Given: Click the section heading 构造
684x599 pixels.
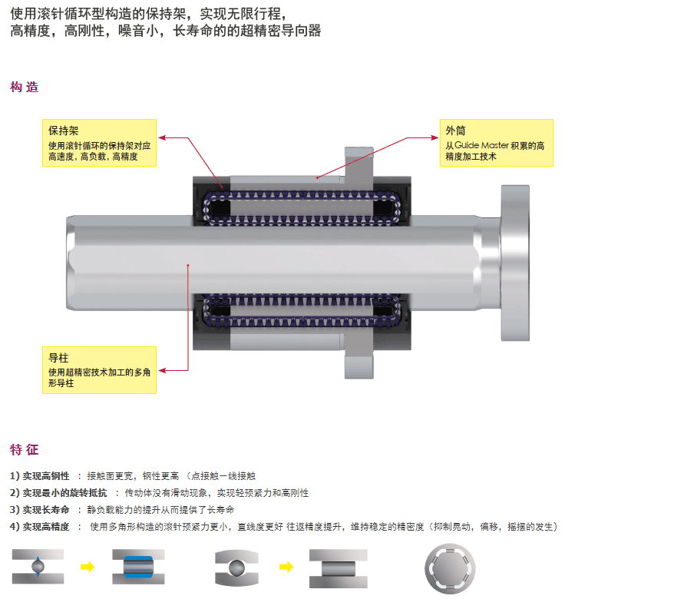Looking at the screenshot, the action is [x=25, y=88].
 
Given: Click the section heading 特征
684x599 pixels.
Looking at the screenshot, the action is [x=25, y=449].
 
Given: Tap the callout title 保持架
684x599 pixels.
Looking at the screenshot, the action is [x=63, y=131].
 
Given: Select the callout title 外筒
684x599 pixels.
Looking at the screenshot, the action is [x=455, y=131].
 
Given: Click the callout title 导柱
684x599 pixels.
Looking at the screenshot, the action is [x=58, y=358].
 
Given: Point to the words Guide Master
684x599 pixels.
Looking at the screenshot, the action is [x=481, y=145].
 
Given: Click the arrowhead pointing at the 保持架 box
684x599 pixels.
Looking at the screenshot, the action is [x=162, y=138].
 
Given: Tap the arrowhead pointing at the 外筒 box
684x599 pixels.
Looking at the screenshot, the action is [x=435, y=138].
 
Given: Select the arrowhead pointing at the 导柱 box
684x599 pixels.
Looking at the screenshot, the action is [x=162, y=370].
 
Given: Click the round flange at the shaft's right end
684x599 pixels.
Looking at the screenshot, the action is [x=515, y=263].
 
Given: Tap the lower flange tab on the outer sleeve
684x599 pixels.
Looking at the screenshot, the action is [x=359, y=364].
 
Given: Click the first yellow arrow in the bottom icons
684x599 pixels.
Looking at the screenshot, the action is [x=88, y=567].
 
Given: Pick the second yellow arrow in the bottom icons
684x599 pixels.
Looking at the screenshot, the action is [x=286, y=567].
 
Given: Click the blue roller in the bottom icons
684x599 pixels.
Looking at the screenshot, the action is [x=138, y=567].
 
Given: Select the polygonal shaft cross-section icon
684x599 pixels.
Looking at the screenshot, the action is [x=450, y=568].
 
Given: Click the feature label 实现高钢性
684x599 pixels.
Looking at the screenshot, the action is [x=46, y=476].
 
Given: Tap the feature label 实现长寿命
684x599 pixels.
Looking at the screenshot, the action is [x=46, y=510].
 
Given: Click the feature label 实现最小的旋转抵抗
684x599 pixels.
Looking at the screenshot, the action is [x=64, y=493].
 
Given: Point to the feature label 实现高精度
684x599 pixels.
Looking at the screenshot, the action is [x=46, y=527].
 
